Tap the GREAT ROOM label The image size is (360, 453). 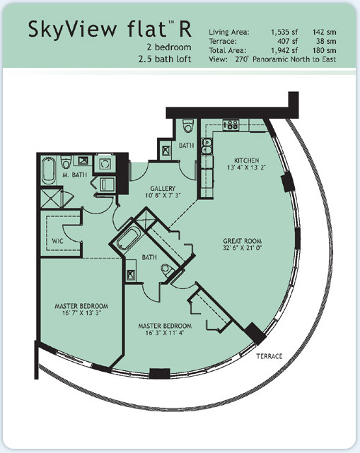(x=243, y=241)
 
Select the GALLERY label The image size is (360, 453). (x=163, y=189)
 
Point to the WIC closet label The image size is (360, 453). (x=57, y=241)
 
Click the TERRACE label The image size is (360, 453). (x=269, y=356)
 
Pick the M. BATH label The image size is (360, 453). (x=74, y=175)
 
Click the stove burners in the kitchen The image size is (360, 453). (x=231, y=125)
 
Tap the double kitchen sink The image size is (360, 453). (x=207, y=146)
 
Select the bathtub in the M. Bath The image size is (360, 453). (x=49, y=171)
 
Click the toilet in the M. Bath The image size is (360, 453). (x=66, y=163)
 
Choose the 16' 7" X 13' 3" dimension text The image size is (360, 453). (x=81, y=313)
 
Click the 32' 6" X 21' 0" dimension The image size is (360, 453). (x=243, y=247)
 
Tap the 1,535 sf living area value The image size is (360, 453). (x=284, y=32)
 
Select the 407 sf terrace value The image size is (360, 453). (x=287, y=41)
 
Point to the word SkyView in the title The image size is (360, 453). (x=73, y=30)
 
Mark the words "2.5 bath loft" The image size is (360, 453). (x=165, y=59)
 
